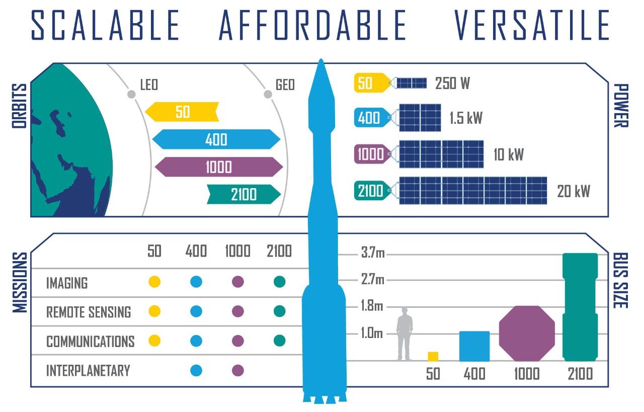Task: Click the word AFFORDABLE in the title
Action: [x=312, y=25]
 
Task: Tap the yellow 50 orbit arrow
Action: [x=182, y=112]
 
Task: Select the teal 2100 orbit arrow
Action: [x=244, y=194]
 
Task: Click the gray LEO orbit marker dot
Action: [x=131, y=94]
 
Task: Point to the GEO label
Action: [x=285, y=85]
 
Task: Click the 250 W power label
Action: [x=452, y=83]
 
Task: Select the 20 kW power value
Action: [x=573, y=191]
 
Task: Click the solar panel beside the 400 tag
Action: [x=420, y=118]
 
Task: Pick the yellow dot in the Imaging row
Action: [x=154, y=282]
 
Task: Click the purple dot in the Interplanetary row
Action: [x=238, y=371]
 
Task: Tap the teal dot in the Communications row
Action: [x=280, y=341]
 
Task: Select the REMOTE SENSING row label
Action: [x=89, y=312]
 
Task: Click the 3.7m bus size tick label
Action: [x=372, y=253]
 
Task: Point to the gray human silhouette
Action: [x=405, y=334]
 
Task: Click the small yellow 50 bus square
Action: [x=433, y=356]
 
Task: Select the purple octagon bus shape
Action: [x=527, y=333]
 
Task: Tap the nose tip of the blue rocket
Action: [x=319, y=61]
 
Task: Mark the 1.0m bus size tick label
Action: [x=372, y=333]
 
